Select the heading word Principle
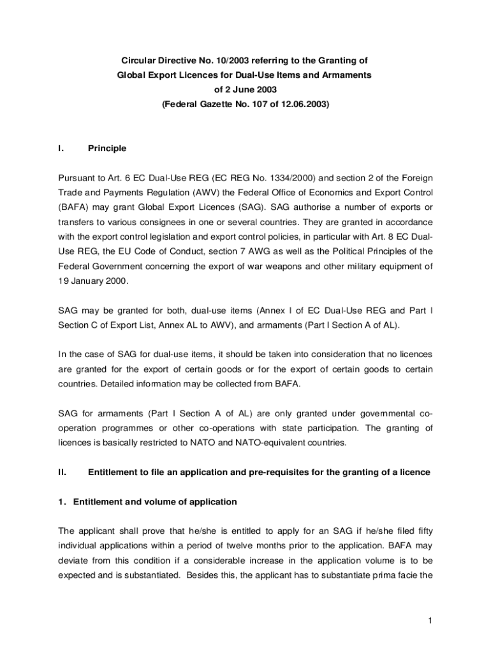click(x=107, y=149)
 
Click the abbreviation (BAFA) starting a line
click(x=73, y=207)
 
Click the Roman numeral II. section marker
click(x=62, y=473)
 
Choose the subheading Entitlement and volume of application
click(x=155, y=502)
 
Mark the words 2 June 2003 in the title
click(x=245, y=90)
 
